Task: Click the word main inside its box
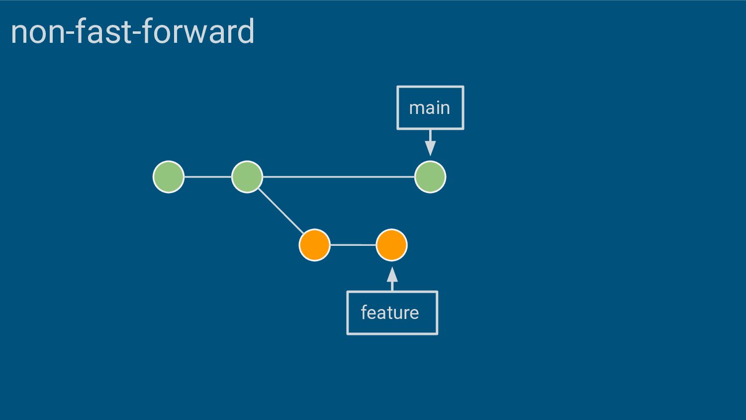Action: click(430, 108)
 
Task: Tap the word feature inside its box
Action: click(390, 313)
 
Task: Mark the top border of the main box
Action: click(430, 87)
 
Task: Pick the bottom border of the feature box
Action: click(392, 333)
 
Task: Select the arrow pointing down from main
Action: click(430, 143)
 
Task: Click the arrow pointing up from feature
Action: click(392, 279)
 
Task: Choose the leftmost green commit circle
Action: click(169, 177)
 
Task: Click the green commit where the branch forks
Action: click(247, 177)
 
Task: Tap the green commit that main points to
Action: click(430, 177)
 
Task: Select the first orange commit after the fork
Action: click(315, 245)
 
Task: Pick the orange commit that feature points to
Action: click(392, 245)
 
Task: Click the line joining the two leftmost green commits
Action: click(208, 177)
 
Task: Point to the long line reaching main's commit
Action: click(339, 177)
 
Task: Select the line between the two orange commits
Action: click(353, 245)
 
